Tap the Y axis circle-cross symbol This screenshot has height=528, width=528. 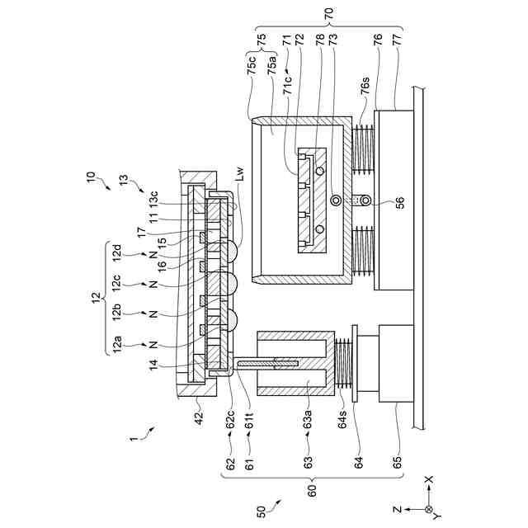(x=427, y=511)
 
